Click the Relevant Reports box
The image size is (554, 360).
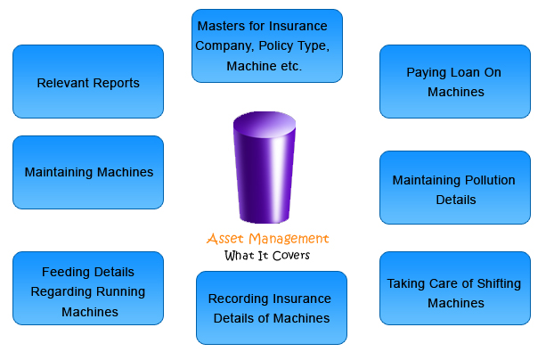[88, 82]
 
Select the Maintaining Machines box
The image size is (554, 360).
[88, 172]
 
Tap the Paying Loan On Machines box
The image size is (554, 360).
[454, 81]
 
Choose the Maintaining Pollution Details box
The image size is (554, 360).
[454, 188]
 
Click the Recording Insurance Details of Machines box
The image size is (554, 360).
[272, 307]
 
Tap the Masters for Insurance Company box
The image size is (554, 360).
[267, 45]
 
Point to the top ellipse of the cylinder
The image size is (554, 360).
[265, 124]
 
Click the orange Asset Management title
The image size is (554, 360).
[267, 239]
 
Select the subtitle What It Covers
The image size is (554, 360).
[267, 256]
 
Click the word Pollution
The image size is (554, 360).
[485, 180]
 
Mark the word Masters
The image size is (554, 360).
[223, 25]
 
